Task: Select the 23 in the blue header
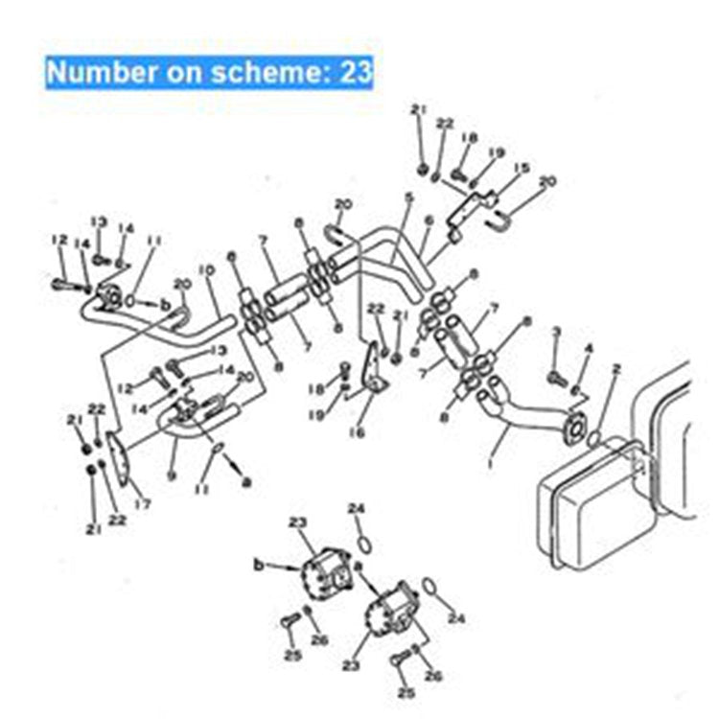pos(355,72)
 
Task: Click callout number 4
pos(589,347)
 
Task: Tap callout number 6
pos(429,220)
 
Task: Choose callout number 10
pos(203,271)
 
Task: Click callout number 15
pos(522,168)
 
